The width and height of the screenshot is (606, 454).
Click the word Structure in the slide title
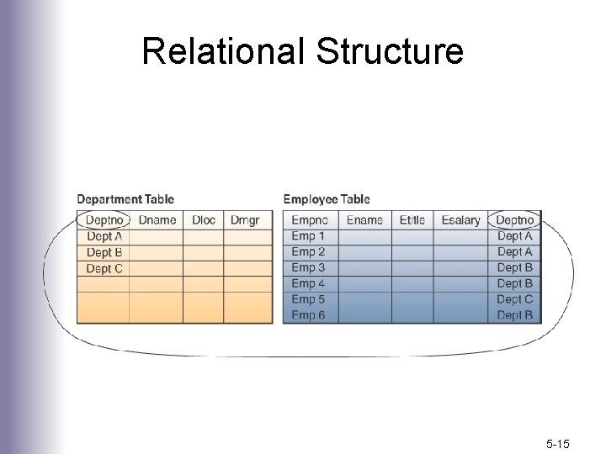coord(390,51)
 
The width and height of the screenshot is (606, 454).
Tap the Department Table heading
coord(125,199)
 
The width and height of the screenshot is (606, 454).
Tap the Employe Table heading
coord(327,199)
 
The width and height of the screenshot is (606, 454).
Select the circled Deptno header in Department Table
coord(104,220)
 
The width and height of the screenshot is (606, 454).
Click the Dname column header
coord(157,220)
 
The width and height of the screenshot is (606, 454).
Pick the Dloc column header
coord(204,220)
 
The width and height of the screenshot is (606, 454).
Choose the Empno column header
coord(310,220)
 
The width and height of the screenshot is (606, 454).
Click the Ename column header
coord(364,220)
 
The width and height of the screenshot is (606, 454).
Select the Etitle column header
coord(412,220)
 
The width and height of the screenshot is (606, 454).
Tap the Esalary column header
coord(460,220)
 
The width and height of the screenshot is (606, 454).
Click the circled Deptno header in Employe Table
coord(514,220)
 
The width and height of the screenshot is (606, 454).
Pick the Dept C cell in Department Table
coord(104,268)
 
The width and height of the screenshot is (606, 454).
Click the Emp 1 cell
coord(308,236)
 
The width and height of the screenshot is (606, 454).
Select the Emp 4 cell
coord(308,283)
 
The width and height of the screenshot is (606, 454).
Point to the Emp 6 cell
coord(308,315)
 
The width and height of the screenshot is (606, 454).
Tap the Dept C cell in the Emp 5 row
coord(514,299)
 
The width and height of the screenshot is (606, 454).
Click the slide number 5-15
coord(558,440)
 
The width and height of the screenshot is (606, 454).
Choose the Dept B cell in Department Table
coord(104,252)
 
